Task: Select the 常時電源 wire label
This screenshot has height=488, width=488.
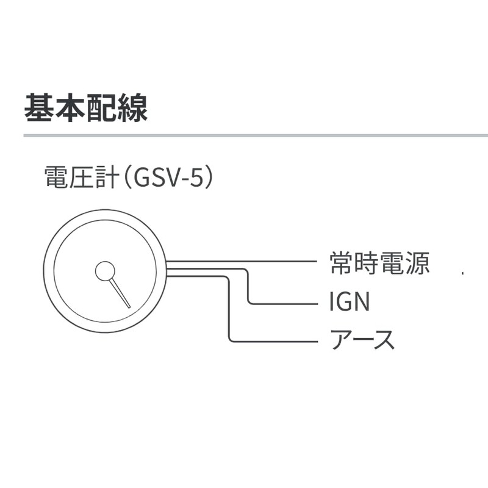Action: pyautogui.click(x=379, y=264)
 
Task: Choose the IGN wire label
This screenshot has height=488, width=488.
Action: pyautogui.click(x=349, y=301)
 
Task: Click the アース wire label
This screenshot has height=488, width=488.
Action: pyautogui.click(x=362, y=339)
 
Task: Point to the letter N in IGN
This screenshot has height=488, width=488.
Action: pyautogui.click(x=362, y=301)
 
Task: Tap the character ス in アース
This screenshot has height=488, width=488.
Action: pyautogui.click(x=384, y=339)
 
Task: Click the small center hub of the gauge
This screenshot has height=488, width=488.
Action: pyautogui.click(x=105, y=271)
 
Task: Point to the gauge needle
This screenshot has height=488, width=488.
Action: pyautogui.click(x=121, y=293)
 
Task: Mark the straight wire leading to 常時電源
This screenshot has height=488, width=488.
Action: pyautogui.click(x=244, y=262)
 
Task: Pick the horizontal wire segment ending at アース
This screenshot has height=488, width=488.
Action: pyautogui.click(x=274, y=341)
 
